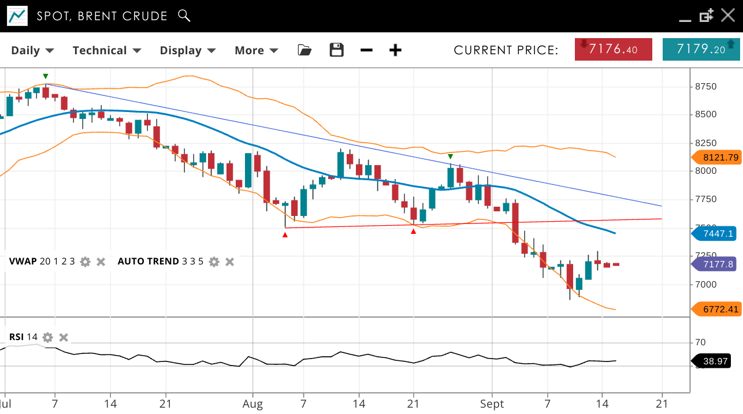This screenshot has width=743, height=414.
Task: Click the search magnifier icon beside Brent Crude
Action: (184, 16)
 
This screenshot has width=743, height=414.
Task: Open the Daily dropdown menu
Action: (32, 50)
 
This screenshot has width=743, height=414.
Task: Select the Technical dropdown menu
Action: (107, 50)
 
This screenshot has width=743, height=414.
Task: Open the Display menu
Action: (188, 50)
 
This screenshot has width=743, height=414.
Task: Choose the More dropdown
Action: (256, 50)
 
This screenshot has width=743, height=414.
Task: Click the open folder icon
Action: (304, 50)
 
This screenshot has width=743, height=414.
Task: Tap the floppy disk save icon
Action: (336, 50)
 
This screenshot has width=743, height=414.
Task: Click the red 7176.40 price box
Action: (613, 49)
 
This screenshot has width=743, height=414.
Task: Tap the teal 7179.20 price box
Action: (701, 49)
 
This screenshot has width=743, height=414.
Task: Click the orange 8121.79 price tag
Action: (716, 157)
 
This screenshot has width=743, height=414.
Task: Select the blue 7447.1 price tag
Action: (716, 233)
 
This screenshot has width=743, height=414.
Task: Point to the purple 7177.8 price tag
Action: (716, 264)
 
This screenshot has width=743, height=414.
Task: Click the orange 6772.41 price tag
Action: (716, 309)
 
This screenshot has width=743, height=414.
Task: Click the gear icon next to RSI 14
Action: (47, 337)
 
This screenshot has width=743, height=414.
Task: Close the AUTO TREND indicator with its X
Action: (229, 262)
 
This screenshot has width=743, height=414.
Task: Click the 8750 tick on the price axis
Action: (705, 87)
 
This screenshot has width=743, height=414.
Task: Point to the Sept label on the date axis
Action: (493, 404)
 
